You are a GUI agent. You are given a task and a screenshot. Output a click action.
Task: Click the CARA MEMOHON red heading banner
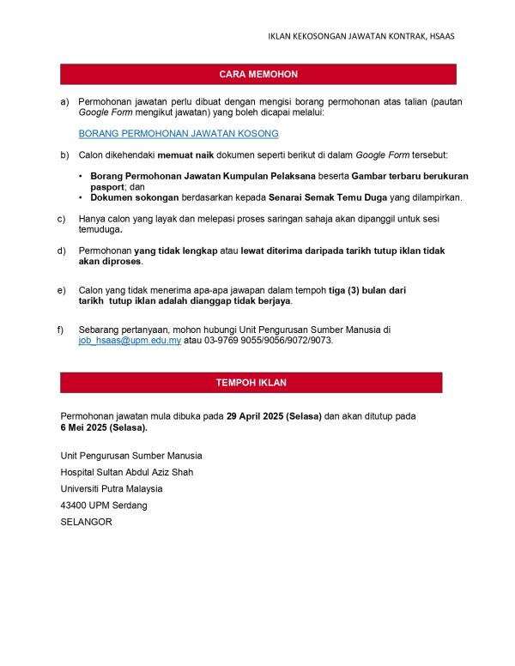(x=257, y=75)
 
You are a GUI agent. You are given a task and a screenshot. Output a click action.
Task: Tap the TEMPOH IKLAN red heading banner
(x=251, y=383)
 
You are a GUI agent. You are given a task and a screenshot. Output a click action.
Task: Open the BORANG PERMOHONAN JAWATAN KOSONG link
(x=179, y=134)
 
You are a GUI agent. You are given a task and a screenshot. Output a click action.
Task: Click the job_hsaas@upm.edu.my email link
(x=130, y=341)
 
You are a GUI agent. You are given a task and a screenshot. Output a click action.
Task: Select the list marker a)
(x=64, y=101)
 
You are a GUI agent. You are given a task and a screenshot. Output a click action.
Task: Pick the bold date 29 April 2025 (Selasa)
(x=274, y=416)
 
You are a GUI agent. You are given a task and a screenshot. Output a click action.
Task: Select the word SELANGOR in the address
(x=86, y=522)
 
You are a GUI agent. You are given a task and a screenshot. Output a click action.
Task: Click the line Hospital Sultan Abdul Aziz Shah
(x=127, y=472)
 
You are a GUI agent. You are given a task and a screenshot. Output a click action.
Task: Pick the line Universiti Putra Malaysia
(x=112, y=489)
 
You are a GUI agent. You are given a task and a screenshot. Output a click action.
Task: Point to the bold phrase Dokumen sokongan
(x=130, y=197)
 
